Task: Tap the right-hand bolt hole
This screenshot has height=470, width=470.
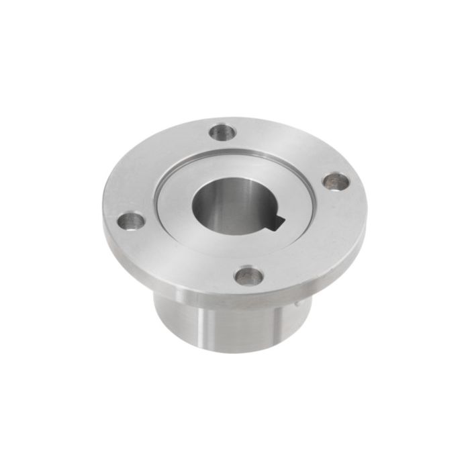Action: (x=335, y=181)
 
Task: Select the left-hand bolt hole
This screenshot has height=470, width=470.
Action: (x=131, y=221)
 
